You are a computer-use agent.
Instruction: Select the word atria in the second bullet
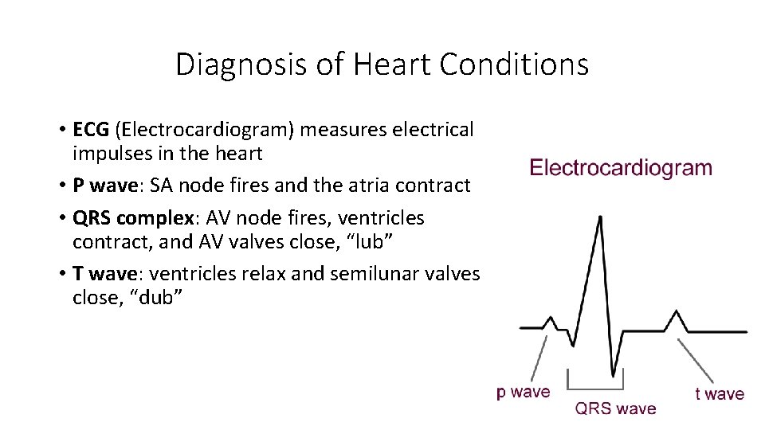coord(374,186)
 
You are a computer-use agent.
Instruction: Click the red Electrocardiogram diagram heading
coord(621,168)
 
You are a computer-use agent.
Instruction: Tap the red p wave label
coord(523,392)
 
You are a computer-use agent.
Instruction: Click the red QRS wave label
coord(615,408)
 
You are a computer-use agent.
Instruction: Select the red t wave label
coord(720,393)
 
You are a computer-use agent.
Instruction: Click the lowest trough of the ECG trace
coord(612,374)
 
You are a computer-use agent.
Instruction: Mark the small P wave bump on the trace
coord(550,320)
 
